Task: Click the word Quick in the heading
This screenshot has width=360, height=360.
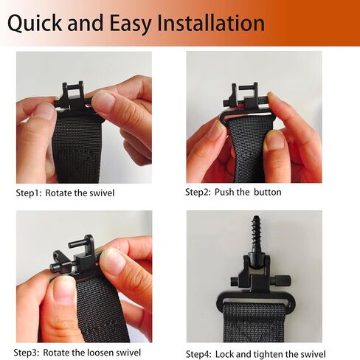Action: [x=35, y=24]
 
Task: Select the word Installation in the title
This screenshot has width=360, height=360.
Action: [x=211, y=23]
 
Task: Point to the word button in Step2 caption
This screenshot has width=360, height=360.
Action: [x=268, y=192]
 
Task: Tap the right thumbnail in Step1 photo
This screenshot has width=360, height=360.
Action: [x=105, y=102]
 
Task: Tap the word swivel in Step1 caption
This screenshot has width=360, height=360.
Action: [x=102, y=193]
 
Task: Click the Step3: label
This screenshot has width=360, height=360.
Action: [x=27, y=353]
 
